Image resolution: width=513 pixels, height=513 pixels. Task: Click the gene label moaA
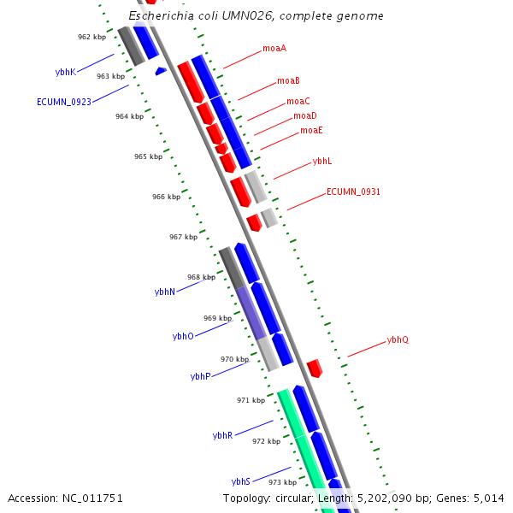point(274,49)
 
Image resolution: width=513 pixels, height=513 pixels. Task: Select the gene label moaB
point(288,81)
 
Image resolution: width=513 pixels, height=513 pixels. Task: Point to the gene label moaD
point(305,115)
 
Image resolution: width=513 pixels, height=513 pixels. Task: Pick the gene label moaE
point(311,131)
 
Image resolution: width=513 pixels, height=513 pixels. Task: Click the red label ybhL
point(322,161)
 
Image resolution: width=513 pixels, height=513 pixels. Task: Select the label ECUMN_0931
point(353,192)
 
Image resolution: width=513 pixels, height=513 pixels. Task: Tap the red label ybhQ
point(398,339)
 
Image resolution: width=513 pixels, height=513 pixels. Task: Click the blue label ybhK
point(66,73)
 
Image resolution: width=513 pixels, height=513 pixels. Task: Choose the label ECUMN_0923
point(64,102)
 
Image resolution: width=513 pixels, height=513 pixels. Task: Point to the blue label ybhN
point(165,292)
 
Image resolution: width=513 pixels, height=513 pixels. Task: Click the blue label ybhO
point(183,337)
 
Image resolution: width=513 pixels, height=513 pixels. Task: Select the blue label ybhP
point(200,376)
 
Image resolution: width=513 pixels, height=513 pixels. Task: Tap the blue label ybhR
point(222,436)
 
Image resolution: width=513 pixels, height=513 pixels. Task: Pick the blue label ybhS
point(241,481)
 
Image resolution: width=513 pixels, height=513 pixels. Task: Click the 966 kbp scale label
point(166,197)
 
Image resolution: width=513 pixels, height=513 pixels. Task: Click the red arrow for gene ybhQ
point(315,369)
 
